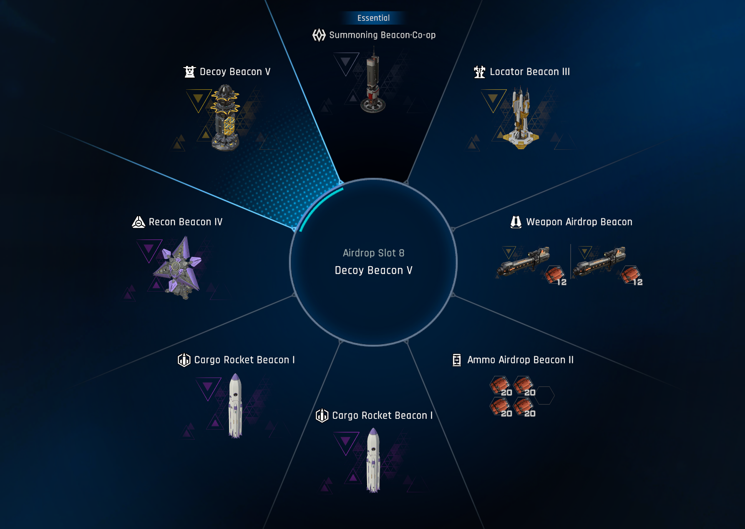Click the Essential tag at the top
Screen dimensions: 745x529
(x=373, y=18)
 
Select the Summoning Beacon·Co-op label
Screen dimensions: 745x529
(x=382, y=35)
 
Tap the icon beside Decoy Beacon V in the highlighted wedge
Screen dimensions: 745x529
(x=190, y=72)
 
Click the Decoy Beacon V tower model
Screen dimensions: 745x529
(x=226, y=118)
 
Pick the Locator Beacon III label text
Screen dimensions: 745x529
(x=530, y=72)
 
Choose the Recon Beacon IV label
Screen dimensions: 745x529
(x=186, y=222)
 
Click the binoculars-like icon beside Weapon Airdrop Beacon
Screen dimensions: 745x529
(x=516, y=222)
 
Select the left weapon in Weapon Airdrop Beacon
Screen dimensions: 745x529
(x=524, y=262)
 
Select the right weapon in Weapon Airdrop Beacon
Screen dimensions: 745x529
(x=599, y=262)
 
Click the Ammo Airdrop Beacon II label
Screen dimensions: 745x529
(x=520, y=360)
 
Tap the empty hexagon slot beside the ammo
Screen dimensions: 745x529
(x=545, y=395)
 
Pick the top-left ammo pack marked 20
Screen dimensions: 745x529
(x=500, y=385)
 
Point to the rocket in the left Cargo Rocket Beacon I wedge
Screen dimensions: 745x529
(x=235, y=406)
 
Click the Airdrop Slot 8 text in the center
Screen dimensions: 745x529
(x=373, y=253)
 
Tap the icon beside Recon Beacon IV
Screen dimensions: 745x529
(x=138, y=222)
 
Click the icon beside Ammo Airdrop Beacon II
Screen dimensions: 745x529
(x=457, y=360)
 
